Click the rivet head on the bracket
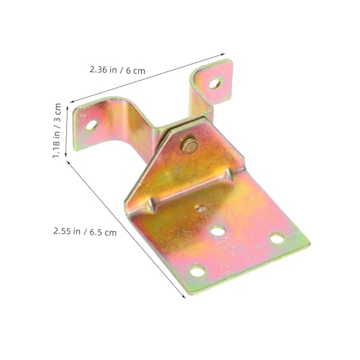coord(189,144)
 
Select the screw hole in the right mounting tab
coord(215,83)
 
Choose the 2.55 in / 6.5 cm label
coord(85,232)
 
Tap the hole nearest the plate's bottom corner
coord(197,271)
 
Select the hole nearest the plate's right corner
coord(275,238)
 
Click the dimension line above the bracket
coord(151,79)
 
